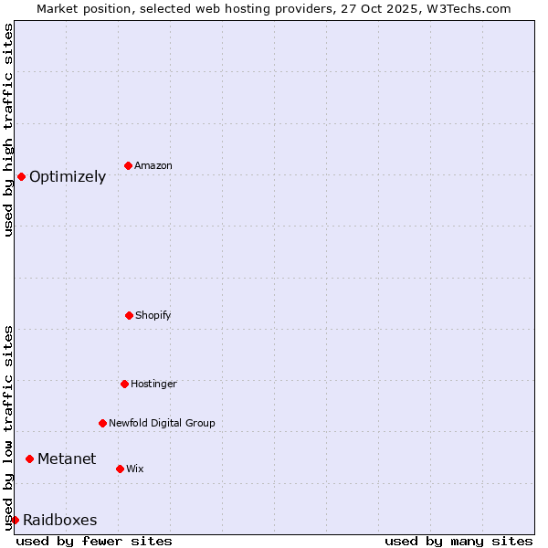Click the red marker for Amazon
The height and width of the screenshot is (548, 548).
click(129, 165)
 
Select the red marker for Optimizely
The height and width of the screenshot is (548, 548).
click(21, 176)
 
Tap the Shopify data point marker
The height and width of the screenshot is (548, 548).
click(129, 315)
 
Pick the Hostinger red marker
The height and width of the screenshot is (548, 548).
click(124, 384)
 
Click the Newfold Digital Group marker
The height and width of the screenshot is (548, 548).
click(102, 423)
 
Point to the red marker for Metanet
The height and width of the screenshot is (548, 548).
click(29, 458)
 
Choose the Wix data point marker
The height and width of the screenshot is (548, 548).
click(120, 469)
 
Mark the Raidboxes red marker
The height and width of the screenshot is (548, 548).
click(15, 520)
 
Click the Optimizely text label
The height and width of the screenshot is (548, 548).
click(68, 177)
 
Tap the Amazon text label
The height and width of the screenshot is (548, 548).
click(153, 166)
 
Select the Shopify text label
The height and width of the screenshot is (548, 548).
click(153, 316)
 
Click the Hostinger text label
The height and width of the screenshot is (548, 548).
click(153, 385)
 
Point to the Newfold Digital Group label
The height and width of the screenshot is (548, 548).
click(162, 424)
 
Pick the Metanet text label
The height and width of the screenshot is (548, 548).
click(67, 459)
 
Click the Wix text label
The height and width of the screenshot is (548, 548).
click(135, 469)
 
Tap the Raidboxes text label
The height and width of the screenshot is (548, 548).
click(60, 521)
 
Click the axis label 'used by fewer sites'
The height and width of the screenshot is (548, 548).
click(94, 541)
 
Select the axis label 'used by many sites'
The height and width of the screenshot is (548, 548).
click(458, 541)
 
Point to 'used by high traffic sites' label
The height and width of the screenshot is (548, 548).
click(8, 130)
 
